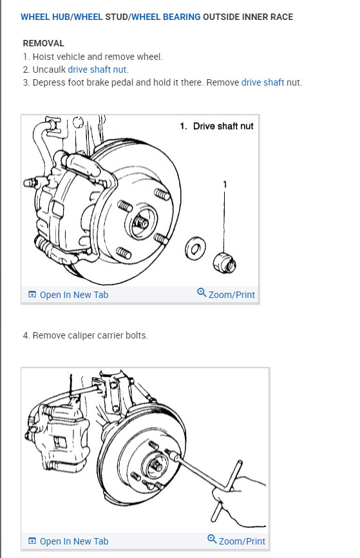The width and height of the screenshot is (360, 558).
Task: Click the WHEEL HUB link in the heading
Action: coord(45,17)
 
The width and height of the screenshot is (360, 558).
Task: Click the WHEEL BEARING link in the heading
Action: coord(166,17)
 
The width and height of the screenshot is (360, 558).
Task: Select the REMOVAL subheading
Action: coord(43,43)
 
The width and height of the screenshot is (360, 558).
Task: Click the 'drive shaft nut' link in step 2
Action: coord(97,70)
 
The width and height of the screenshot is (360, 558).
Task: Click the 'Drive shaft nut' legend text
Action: coord(223,126)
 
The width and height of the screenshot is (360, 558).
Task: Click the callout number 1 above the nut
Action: coord(225,184)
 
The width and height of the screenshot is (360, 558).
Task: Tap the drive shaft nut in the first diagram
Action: coord(224,263)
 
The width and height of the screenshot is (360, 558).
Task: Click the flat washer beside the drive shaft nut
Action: coord(195,248)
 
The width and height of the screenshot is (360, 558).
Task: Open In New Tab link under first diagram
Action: coord(68,295)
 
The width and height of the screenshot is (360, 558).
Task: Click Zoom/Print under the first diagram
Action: coord(226,294)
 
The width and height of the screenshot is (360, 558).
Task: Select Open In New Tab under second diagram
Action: coord(68,541)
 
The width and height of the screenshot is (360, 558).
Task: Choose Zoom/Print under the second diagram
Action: coord(236,541)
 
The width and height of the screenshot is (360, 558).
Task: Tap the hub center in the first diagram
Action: coord(141,223)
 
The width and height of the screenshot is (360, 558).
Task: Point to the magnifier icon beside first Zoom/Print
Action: coord(202,293)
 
